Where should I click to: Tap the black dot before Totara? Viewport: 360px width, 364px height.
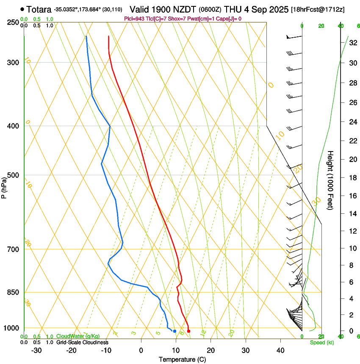point(22,9)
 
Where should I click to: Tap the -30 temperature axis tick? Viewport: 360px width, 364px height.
point(36,350)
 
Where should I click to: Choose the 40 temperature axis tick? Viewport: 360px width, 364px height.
point(280,350)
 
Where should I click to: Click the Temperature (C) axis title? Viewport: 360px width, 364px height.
point(182,359)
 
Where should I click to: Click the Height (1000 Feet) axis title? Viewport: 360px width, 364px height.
point(330,180)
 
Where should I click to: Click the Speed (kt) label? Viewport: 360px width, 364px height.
point(321,342)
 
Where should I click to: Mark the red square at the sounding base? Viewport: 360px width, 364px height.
point(188,331)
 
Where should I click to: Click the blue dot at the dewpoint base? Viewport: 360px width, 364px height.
point(174,331)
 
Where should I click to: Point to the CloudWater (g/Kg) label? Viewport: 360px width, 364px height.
point(78,336)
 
